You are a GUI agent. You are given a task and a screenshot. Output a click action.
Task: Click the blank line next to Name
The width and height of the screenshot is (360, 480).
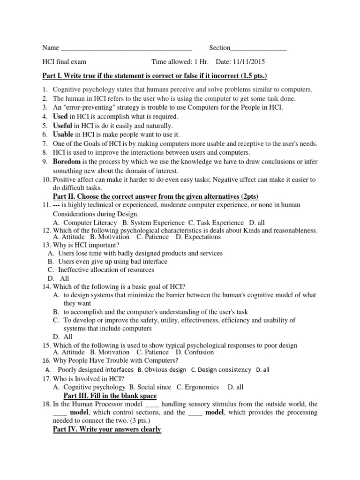click(x=126, y=48)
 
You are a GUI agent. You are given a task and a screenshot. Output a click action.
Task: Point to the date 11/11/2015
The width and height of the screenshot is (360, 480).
click(x=253, y=62)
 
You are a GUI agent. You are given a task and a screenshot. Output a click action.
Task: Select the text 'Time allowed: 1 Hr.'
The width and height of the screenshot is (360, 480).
click(x=181, y=62)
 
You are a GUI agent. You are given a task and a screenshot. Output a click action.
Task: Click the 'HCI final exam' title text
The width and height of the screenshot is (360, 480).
click(x=64, y=62)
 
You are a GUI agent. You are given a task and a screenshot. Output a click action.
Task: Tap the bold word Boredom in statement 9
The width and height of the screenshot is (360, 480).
click(x=68, y=162)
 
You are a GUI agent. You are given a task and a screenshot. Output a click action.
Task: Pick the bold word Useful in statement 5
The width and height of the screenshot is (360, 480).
click(x=63, y=126)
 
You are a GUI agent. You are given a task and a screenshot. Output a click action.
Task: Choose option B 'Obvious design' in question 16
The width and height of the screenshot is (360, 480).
click(x=162, y=370)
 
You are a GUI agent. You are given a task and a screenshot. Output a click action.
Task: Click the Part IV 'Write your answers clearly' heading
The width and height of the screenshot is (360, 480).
click(x=107, y=429)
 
